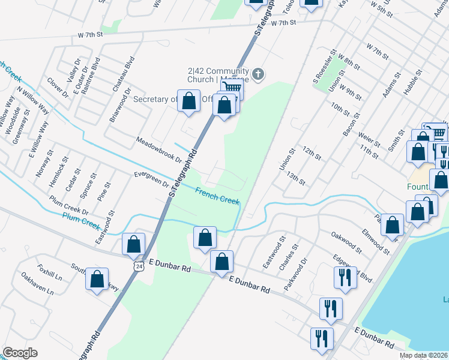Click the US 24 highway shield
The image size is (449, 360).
coord(139,266)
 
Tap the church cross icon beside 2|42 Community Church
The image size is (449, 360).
coord(258,74)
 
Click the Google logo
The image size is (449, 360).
coord(20,352)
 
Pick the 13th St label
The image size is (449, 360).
coord(297,178)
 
